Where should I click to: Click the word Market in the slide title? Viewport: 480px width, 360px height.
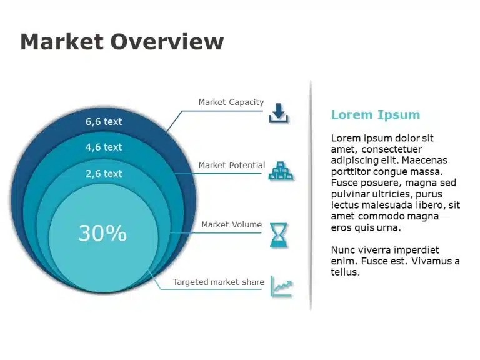(62, 42)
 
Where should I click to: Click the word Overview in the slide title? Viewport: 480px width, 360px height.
(167, 42)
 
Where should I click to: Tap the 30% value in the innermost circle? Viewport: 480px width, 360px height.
(102, 233)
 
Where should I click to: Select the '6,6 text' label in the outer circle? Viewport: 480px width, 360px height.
(104, 121)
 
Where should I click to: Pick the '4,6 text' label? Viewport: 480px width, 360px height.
(104, 147)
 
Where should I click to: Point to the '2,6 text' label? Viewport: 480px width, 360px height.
(104, 174)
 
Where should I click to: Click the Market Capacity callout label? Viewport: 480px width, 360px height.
(231, 102)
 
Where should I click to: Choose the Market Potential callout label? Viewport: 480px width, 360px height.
(232, 165)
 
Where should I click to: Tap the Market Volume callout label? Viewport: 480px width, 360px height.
(232, 225)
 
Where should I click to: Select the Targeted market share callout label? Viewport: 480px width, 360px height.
(219, 282)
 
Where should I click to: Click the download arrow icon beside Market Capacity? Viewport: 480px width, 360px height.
(279, 113)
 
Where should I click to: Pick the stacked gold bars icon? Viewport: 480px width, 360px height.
(281, 171)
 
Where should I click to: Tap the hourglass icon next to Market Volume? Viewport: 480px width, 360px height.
(279, 235)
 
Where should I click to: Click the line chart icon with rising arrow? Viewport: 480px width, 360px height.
(282, 287)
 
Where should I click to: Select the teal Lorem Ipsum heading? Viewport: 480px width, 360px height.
(376, 115)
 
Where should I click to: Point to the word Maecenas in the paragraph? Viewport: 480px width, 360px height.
(424, 160)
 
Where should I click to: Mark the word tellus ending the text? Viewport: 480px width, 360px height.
(345, 272)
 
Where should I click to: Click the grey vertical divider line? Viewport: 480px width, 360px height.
(311, 196)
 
